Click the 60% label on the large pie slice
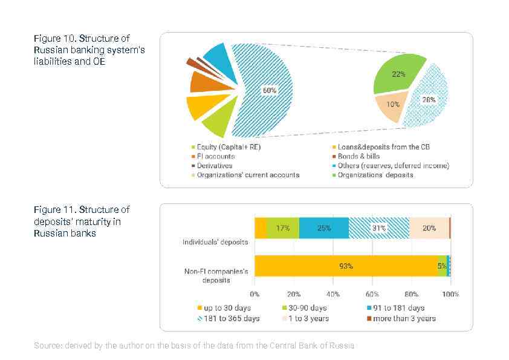click(269, 90)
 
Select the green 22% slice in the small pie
click(398, 74)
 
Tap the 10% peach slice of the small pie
click(392, 104)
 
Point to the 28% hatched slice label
click(428, 99)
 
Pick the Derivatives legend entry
click(215, 165)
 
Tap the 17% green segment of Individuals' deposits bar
click(282, 228)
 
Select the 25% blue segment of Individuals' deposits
click(323, 228)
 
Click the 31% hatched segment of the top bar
click(378, 228)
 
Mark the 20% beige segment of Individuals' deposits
click(429, 228)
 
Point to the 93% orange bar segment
click(346, 266)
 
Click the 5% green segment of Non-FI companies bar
click(442, 266)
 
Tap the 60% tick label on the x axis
click(372, 294)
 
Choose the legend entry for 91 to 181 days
click(398, 308)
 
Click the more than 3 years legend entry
click(404, 318)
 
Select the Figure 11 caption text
click(82, 221)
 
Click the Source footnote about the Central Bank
click(195, 345)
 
